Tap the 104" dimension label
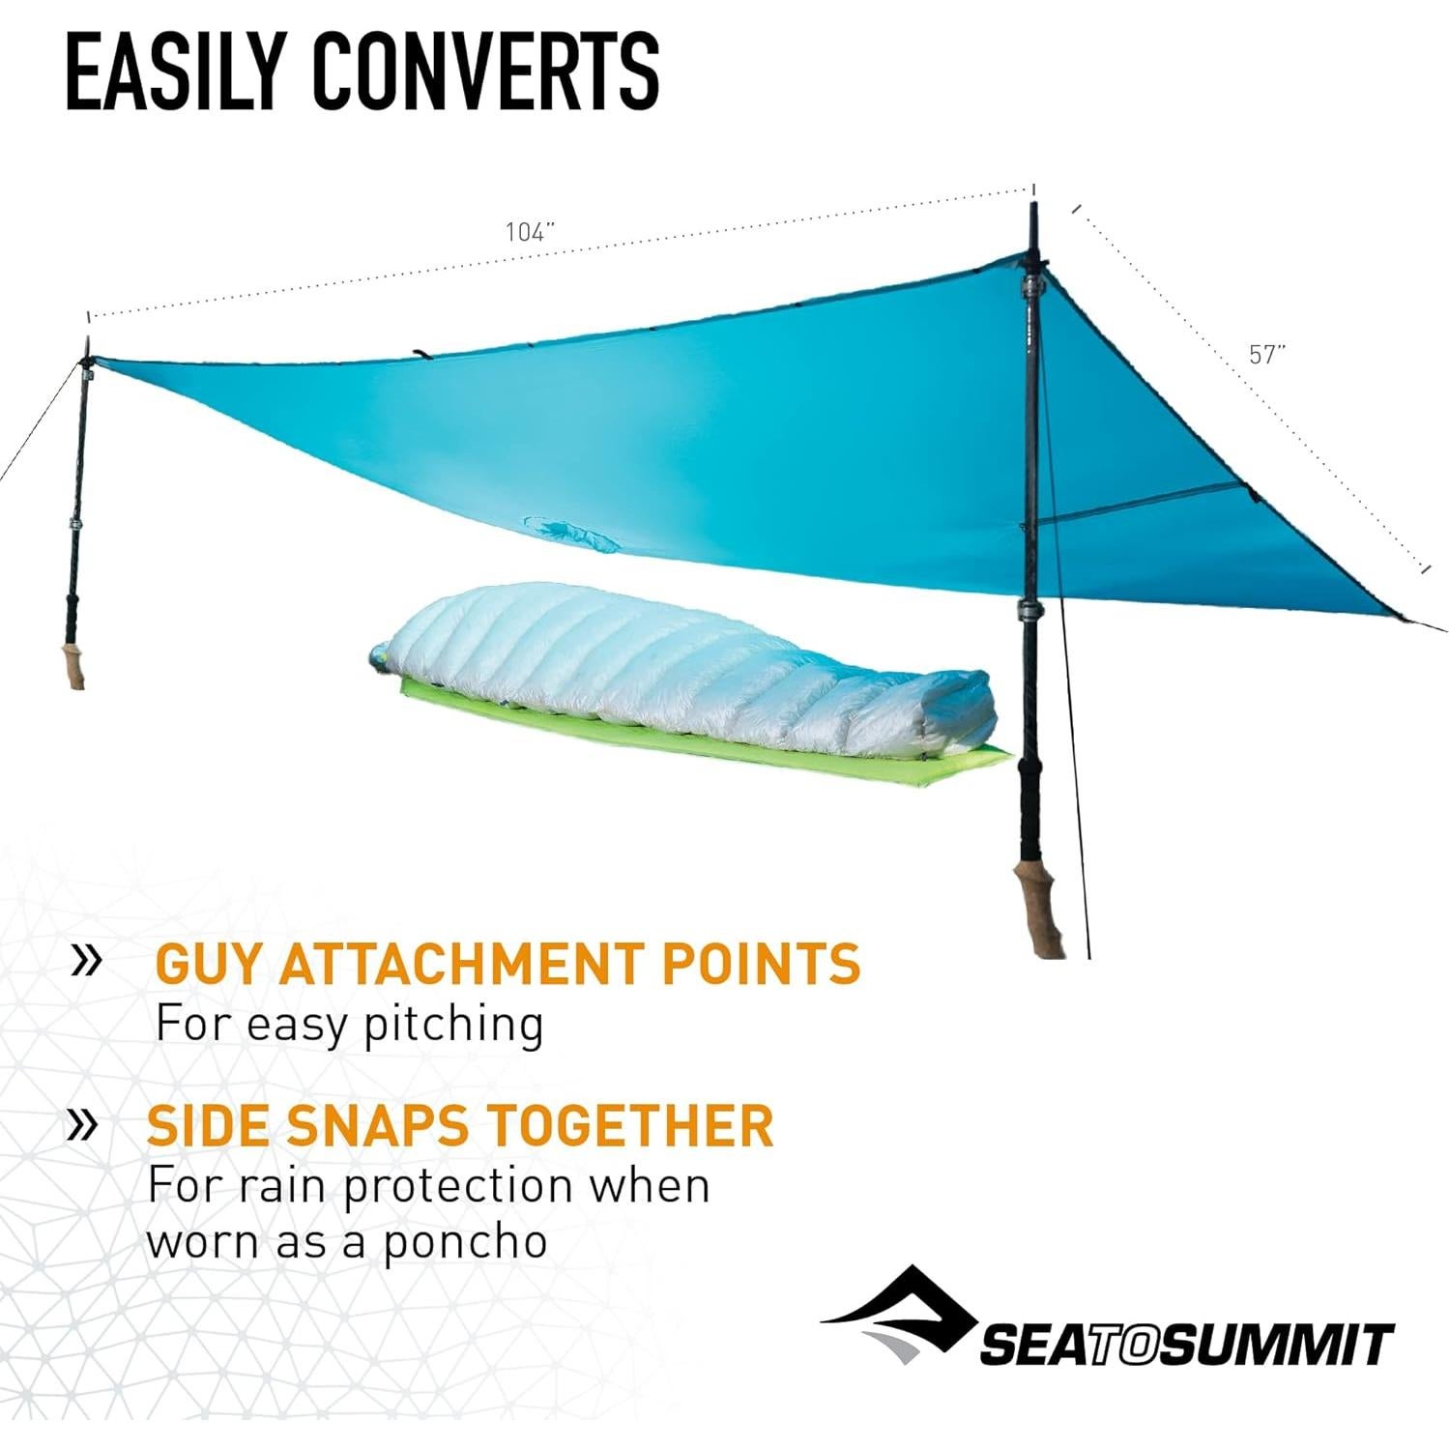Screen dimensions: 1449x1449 pos(530,232)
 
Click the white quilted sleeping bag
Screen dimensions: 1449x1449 pos(677,667)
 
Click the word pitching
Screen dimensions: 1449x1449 pos(453,1025)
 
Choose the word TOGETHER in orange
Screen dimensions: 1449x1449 pos(629,1125)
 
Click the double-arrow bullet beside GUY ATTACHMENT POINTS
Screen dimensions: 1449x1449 pos(87,961)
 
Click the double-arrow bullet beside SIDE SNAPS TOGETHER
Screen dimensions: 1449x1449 pos(83,1123)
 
